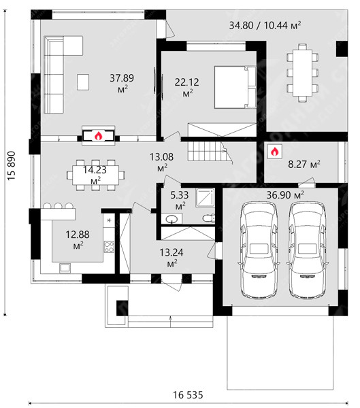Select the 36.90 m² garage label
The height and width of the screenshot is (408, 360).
(x=285, y=195)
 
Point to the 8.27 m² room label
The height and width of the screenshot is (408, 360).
(x=304, y=165)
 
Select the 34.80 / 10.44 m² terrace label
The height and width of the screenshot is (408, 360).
(x=265, y=25)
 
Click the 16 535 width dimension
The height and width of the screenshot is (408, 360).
(x=188, y=395)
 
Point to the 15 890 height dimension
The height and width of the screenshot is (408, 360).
(x=12, y=166)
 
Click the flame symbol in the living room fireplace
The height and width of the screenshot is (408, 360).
(x=98, y=136)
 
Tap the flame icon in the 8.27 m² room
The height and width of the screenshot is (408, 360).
(x=274, y=152)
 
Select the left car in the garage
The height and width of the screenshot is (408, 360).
(x=259, y=250)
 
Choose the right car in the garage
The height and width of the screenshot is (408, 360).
(x=307, y=250)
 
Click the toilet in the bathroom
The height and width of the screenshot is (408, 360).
(x=209, y=218)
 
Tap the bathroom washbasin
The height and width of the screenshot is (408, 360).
(x=172, y=218)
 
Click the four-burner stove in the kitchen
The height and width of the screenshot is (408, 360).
(x=109, y=248)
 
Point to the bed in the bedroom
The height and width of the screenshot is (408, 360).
(x=235, y=87)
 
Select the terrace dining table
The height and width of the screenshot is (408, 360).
(x=302, y=73)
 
